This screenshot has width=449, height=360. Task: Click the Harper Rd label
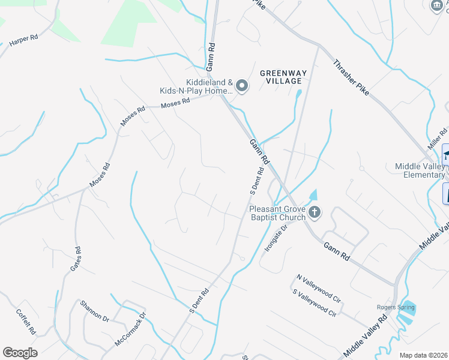click(x=24, y=40)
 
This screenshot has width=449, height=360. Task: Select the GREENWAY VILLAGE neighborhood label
click(x=283, y=77)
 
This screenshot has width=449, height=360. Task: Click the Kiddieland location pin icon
click(x=242, y=86)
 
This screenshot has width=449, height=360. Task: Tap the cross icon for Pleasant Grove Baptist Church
click(x=315, y=212)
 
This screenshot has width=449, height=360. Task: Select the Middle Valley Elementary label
click(x=420, y=170)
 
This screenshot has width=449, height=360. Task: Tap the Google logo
click(x=20, y=353)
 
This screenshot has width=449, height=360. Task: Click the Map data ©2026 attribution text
click(x=423, y=355)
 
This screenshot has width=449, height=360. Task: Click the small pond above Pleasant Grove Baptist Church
click(x=312, y=196)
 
